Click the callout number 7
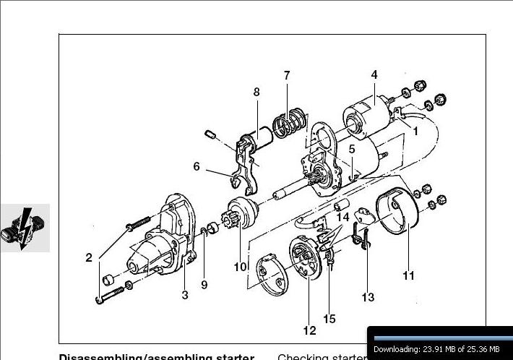point(287,75)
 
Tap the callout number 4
point(374,74)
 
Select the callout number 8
point(256,92)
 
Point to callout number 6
point(197,166)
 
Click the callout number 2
point(89,258)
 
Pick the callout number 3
point(185,294)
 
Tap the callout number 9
point(204,285)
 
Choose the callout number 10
point(240,266)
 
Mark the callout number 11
point(409,275)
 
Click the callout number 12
point(309,331)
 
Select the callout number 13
point(368,297)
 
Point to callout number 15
point(329,318)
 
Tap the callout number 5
point(352,149)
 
